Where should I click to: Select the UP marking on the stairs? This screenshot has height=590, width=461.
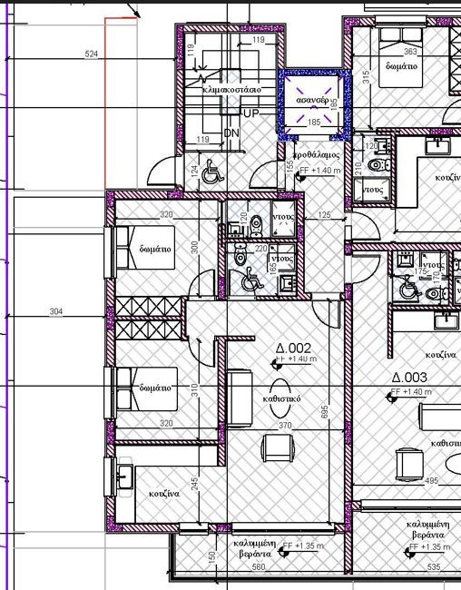[x=251, y=113]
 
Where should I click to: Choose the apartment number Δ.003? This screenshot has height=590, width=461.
[x=409, y=378]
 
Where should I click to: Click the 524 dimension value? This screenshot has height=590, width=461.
[x=91, y=54]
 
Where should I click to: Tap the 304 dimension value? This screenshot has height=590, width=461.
[x=56, y=311]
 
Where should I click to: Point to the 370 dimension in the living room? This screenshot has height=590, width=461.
[x=284, y=425]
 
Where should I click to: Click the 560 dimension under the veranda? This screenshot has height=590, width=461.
[x=258, y=567]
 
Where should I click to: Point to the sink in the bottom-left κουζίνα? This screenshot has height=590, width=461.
[x=125, y=474]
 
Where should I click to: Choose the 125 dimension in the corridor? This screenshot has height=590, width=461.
[x=325, y=215]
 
